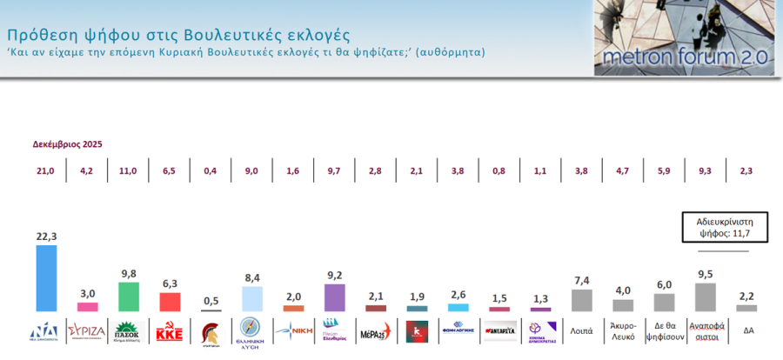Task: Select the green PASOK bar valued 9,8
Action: [x=128, y=297]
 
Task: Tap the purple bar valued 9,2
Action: [x=334, y=297]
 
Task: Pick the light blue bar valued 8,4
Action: [x=251, y=299]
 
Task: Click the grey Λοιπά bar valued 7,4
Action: [x=581, y=300]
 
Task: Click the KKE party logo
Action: [x=169, y=330]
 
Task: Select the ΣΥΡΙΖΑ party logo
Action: [x=87, y=330]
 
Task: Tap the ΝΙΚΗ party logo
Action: [x=293, y=330]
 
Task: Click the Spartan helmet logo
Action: [x=211, y=331]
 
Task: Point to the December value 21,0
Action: [x=45, y=171]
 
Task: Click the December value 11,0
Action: [x=128, y=171]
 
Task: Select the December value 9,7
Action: [x=334, y=171]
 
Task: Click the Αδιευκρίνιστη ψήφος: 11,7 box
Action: [x=716, y=227]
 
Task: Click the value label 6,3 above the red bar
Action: [x=169, y=283]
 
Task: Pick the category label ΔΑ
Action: [x=747, y=330]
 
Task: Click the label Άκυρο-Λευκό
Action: [x=623, y=330]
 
